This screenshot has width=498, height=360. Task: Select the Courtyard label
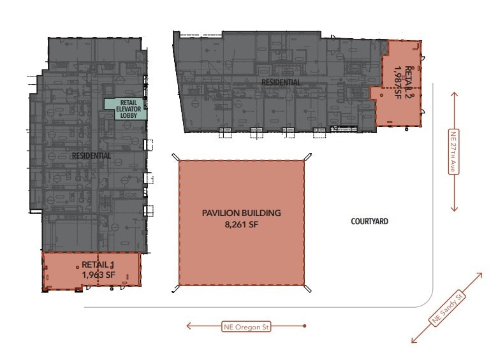click(x=369, y=222)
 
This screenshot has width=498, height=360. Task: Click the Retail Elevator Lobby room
click(x=126, y=109)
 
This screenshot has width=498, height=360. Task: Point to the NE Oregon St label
click(x=247, y=327)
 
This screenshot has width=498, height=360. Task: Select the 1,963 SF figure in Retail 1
click(x=98, y=275)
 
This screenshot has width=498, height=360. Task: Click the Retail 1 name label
click(x=98, y=264)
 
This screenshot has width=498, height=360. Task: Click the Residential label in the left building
click(x=91, y=155)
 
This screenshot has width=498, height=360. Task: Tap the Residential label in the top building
click(x=281, y=82)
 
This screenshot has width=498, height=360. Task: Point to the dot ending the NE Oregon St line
click(x=305, y=327)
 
